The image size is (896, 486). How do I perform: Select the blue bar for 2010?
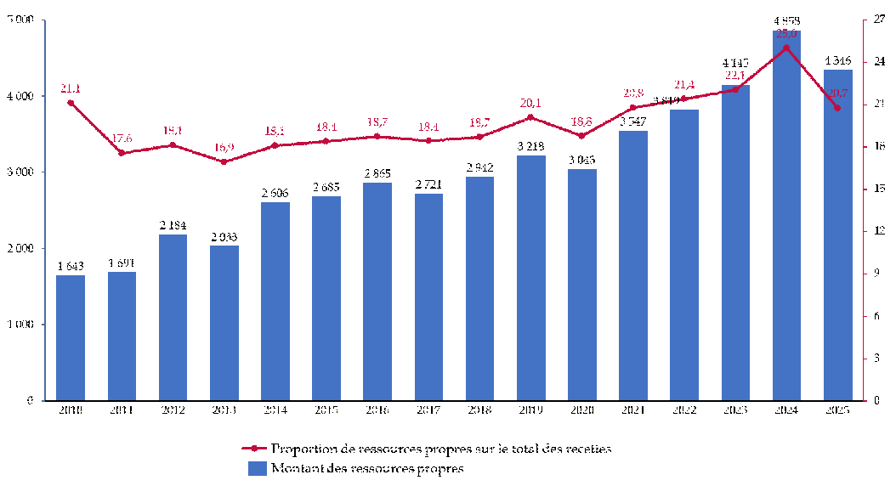pos(71,337)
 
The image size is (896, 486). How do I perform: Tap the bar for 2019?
pos(530,277)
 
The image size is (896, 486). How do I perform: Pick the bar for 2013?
pos(224,323)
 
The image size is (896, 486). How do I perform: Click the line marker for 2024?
pos(786,48)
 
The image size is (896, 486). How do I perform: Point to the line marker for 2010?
pos(71,103)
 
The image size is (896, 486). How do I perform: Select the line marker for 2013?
pos(224,161)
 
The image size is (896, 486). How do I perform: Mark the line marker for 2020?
pos(581,136)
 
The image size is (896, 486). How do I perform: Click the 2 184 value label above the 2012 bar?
pos(173,226)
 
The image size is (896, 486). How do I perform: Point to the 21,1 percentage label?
pos(71,88)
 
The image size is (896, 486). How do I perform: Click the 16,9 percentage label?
pos(224,146)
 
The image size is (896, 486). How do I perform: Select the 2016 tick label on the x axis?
pos(377,410)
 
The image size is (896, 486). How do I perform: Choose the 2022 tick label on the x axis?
pos(684,410)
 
